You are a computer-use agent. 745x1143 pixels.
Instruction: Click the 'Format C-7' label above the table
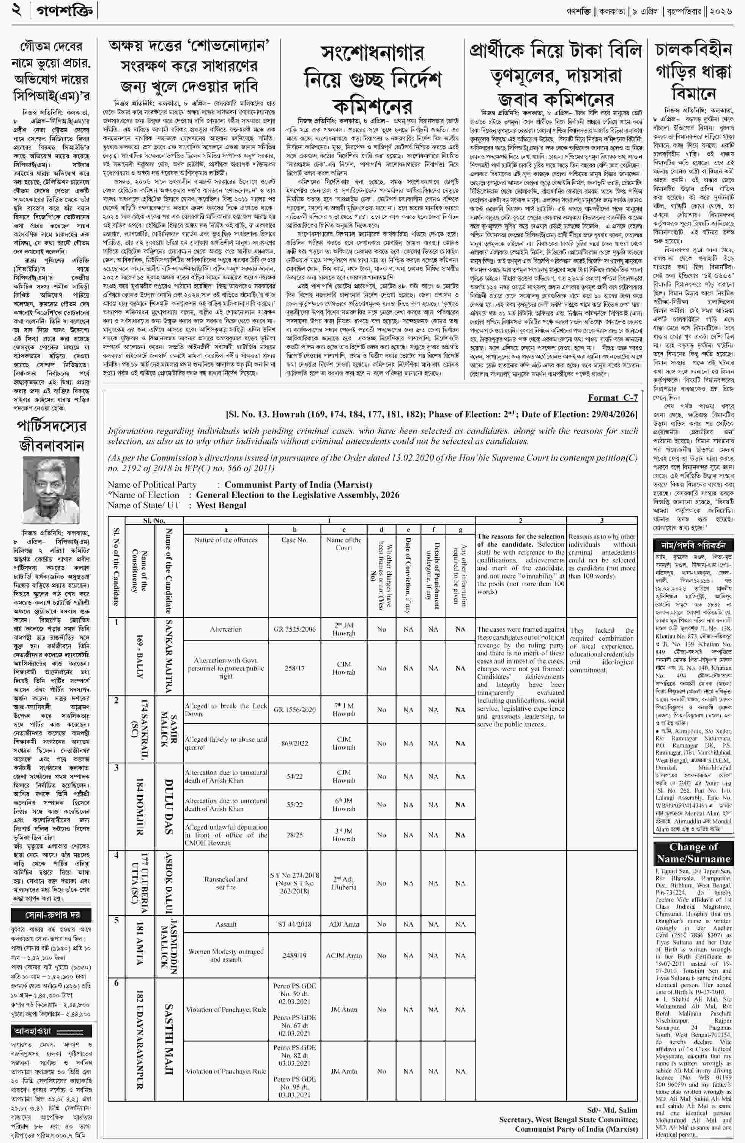coord(613,398)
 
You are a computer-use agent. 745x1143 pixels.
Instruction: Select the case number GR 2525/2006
coord(294,629)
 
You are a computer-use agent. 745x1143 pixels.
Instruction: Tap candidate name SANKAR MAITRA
coord(169,656)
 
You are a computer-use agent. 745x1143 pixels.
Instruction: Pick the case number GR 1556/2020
coord(294,709)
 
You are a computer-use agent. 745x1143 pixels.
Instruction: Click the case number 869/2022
coord(294,743)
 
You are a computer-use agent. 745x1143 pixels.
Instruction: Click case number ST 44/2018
coord(294,924)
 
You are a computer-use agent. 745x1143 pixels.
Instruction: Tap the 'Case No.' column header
coord(294,540)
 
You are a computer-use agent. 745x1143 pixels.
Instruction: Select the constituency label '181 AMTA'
coord(140,947)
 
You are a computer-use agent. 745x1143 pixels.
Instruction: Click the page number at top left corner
coord(17,11)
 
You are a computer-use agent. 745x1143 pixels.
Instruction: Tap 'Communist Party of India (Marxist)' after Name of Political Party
coord(298,485)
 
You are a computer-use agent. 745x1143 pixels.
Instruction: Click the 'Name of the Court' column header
coord(344,544)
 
